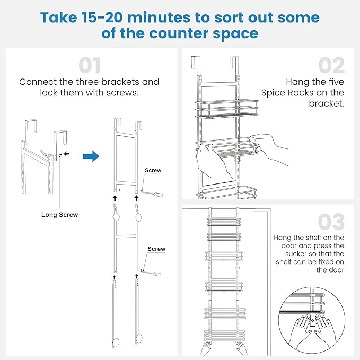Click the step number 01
pos(90,66)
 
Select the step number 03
pos(331,222)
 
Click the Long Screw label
pos(59,215)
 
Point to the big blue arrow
pos(91,156)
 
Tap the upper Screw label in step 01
pos(153,171)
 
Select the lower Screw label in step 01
pos(156,249)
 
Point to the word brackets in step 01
pos(131,82)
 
